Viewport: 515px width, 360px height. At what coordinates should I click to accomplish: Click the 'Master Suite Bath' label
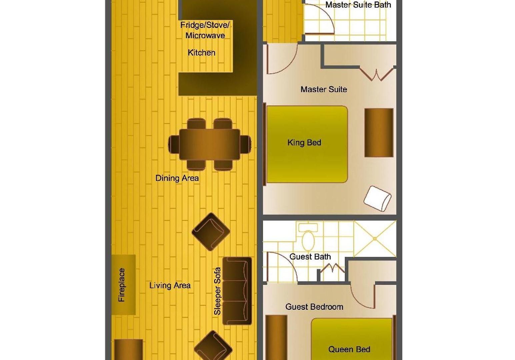click(358, 5)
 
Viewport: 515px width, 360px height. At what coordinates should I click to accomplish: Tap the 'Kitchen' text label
click(202, 53)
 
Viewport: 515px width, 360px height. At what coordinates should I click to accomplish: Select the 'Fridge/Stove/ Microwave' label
click(205, 30)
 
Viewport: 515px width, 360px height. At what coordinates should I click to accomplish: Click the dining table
click(209, 144)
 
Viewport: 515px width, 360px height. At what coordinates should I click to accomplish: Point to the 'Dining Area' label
click(177, 178)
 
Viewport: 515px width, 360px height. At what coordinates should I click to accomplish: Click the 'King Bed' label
click(304, 143)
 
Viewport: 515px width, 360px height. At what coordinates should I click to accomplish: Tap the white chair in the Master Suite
click(377, 199)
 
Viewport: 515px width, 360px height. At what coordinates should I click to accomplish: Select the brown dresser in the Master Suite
click(379, 133)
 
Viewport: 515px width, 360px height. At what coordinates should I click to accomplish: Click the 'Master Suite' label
click(324, 89)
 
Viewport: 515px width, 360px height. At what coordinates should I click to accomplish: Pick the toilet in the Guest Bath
click(308, 237)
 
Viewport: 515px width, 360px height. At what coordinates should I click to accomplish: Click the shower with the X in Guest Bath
click(375, 239)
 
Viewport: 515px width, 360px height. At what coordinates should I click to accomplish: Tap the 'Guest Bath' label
click(310, 257)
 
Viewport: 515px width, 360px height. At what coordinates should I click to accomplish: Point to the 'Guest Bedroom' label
click(314, 307)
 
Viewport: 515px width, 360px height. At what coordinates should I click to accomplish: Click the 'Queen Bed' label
click(349, 349)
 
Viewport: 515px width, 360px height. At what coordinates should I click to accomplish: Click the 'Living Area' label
click(170, 286)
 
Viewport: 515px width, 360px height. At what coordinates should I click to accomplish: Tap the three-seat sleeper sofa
click(237, 291)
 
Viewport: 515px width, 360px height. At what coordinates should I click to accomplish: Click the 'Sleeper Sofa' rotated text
click(217, 291)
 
